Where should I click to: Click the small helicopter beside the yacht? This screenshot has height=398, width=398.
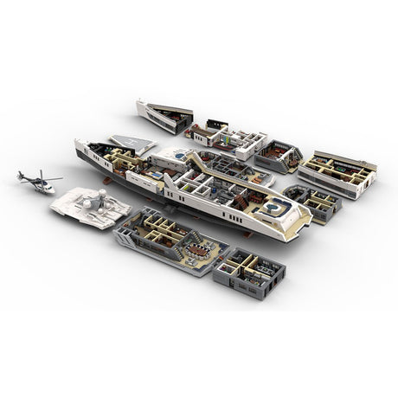(37, 182)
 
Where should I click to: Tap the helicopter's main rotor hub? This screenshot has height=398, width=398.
(40, 179)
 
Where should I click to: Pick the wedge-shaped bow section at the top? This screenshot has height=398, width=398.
(164, 117)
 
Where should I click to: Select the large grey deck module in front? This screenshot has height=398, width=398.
(169, 242)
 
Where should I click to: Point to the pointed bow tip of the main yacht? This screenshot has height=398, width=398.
(78, 141)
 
